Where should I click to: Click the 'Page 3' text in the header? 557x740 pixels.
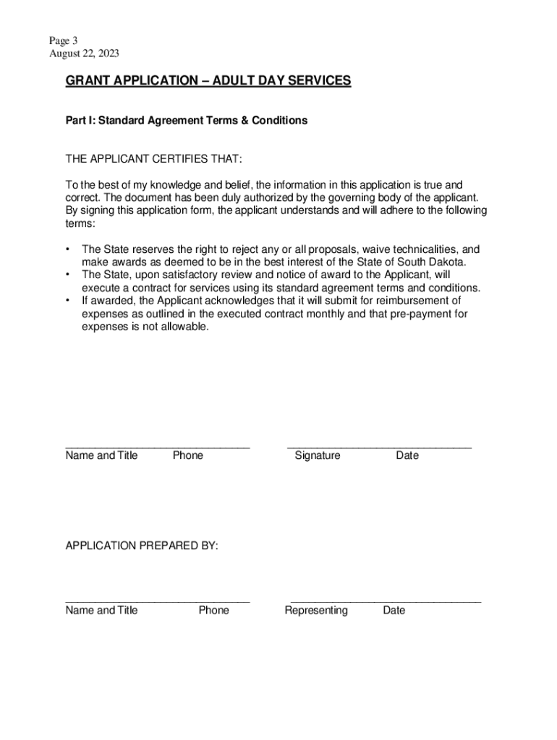63,41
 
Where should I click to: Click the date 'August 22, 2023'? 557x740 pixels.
84,53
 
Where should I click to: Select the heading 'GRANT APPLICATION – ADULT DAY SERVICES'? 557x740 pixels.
208,81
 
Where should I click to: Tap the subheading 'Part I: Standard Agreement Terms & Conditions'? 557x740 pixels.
187,121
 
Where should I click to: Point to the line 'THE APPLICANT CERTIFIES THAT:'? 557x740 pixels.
154,159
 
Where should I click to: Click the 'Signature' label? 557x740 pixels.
318,455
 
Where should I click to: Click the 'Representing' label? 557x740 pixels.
316,610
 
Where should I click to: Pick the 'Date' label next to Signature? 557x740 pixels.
407,455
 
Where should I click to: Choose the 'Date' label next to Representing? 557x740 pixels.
394,610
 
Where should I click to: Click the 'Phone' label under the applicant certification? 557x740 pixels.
188,455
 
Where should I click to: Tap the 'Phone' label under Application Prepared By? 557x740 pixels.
214,610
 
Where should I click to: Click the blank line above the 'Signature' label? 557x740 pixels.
379,447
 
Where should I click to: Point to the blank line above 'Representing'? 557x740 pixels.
386,602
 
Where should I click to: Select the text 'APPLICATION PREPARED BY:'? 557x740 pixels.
142,546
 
